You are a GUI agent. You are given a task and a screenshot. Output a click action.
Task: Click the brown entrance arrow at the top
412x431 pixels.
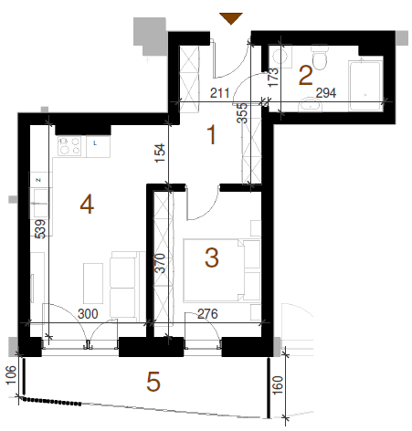[231, 18]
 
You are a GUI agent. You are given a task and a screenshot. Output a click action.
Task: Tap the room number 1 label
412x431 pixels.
[212, 135]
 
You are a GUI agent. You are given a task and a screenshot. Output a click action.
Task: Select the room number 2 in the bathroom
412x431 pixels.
[305, 75]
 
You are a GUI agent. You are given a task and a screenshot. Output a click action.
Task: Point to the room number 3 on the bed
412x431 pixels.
[212, 258]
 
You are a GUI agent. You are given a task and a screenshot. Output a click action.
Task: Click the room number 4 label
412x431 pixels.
[87, 205]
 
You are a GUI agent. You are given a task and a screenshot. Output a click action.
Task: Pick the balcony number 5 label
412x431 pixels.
[153, 382]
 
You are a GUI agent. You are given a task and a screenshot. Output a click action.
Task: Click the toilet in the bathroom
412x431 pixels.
[320, 58]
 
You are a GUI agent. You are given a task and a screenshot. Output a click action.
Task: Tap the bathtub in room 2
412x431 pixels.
[365, 86]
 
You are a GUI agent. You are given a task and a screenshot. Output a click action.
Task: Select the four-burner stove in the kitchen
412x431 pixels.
[69, 146]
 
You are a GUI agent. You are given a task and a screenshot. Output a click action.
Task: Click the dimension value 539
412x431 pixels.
[40, 229]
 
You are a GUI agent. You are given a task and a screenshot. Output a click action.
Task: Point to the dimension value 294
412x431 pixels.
[326, 93]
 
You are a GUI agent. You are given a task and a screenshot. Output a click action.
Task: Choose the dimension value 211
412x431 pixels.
[220, 93]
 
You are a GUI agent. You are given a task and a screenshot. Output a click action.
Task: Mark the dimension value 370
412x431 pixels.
[160, 263]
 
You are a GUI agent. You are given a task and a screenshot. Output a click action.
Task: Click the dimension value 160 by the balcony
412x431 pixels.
[278, 385]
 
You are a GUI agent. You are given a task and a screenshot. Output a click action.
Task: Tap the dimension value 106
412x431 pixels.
[11, 375]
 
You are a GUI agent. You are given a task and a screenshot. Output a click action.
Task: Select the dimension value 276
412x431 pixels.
[207, 314]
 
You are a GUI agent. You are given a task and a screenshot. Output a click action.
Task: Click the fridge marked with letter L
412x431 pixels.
[98, 146]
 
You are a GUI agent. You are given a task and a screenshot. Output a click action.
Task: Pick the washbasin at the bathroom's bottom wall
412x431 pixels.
[311, 105]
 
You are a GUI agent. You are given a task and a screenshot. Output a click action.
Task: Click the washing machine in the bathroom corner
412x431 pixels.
[280, 57]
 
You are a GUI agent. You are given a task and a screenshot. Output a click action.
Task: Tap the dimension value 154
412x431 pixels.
[160, 153]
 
